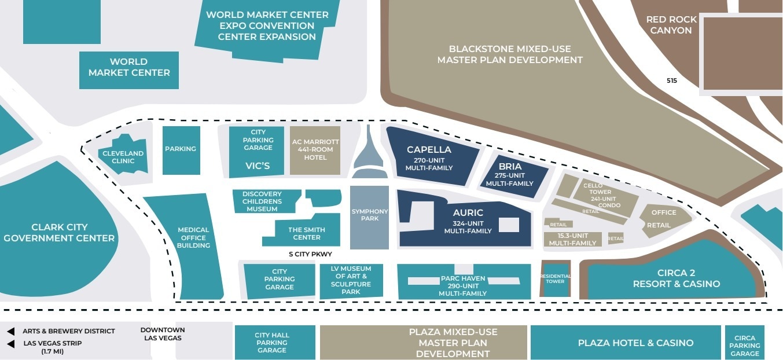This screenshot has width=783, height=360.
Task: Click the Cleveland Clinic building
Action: pyautogui.click(x=123, y=156)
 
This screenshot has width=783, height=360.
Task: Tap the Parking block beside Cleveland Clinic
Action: pyautogui.click(x=181, y=149)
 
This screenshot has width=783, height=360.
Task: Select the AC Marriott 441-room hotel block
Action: pyautogui.click(x=315, y=150)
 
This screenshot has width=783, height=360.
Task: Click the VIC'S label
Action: pyautogui.click(x=258, y=166)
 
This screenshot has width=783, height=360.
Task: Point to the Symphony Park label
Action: pyautogui.click(x=369, y=215)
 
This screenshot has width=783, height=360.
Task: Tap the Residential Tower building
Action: pyautogui.click(x=555, y=279)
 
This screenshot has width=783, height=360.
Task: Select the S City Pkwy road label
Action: pyautogui.click(x=310, y=254)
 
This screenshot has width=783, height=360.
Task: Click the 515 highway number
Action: pyautogui.click(x=671, y=81)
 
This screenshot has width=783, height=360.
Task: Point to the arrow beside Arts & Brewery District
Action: pyautogui.click(x=11, y=332)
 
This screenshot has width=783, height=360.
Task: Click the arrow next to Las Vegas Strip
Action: pyautogui.click(x=11, y=344)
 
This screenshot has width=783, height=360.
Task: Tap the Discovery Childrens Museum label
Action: pyautogui.click(x=262, y=201)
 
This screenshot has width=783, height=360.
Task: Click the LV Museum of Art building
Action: pyautogui.click(x=351, y=280)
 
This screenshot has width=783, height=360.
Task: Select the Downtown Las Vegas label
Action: pyautogui.click(x=163, y=334)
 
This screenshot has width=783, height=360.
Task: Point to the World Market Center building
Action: pyautogui.click(x=128, y=68)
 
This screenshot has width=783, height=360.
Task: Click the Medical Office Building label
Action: pyautogui.click(x=194, y=238)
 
